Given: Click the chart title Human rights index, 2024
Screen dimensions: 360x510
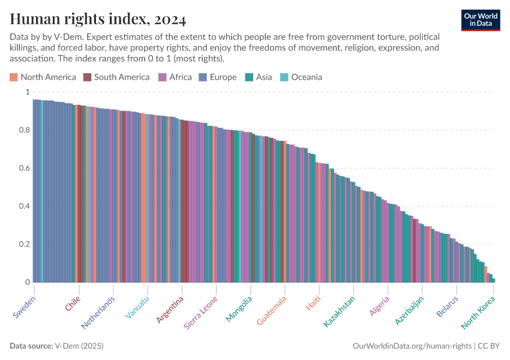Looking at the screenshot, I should coord(98,19).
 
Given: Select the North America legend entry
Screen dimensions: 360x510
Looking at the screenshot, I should coord(43,77).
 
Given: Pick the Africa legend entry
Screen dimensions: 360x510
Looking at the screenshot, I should coord(175,77).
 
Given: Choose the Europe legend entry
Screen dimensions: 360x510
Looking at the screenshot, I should coord(218,77).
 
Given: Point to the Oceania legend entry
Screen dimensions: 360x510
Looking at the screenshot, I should coord(301,77).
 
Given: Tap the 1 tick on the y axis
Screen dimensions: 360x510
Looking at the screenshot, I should coord(26,92).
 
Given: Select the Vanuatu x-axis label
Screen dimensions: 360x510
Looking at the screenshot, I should coord(138,308).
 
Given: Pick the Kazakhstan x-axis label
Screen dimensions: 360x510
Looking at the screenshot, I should coord(340,311).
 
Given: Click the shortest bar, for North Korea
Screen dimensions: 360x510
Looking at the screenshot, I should coord(493,280).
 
